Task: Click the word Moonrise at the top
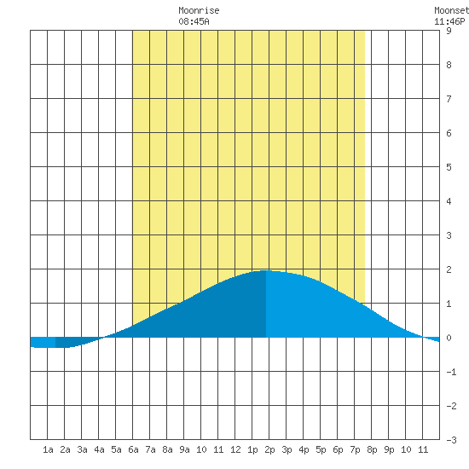coord(199,10)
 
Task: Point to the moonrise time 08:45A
coord(194,21)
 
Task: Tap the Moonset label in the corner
coord(451,10)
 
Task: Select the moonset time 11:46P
coord(449,21)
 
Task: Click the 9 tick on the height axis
coord(449,31)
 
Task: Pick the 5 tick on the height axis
coord(449,167)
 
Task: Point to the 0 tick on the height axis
coord(449,338)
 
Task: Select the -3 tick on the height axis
coord(451,440)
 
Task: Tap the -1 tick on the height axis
coord(451,372)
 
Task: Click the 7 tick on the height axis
coord(449,99)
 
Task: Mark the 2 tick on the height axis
coord(449,269)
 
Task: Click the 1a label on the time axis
coord(48,449)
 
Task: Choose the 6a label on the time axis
coord(133,449)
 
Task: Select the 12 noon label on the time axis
coord(235,449)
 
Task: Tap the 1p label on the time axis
coord(252,449)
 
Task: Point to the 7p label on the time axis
coord(355,449)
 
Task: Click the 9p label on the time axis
coord(389,449)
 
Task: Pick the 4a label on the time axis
coord(99,449)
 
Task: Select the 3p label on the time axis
coord(287,449)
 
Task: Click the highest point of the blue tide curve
coord(265,270)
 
